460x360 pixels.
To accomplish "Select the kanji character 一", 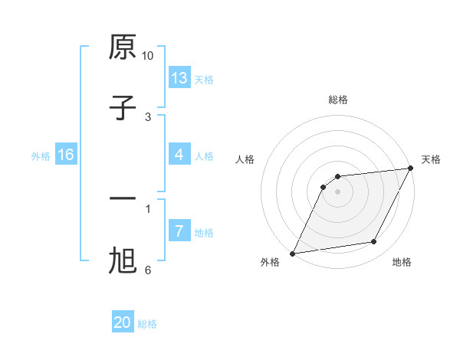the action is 123,199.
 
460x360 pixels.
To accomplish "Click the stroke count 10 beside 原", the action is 148,56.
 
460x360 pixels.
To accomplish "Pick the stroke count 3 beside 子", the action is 148,116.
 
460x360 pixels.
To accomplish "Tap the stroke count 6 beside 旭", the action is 148,270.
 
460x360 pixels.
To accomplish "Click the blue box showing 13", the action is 179,77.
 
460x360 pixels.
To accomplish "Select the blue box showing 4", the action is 179,155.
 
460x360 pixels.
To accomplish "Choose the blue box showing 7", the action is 179,231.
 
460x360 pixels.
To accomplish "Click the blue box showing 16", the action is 66,155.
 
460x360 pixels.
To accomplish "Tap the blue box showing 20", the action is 123,322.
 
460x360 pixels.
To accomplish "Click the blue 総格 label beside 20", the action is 147,324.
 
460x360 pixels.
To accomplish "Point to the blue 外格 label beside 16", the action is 41,156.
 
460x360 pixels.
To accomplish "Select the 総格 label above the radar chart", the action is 337,100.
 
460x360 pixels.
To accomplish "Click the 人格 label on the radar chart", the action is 245,159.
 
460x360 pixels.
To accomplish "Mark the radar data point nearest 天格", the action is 412,169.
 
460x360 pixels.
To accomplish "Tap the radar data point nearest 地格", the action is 374,242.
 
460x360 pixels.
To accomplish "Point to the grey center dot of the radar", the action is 337,191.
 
